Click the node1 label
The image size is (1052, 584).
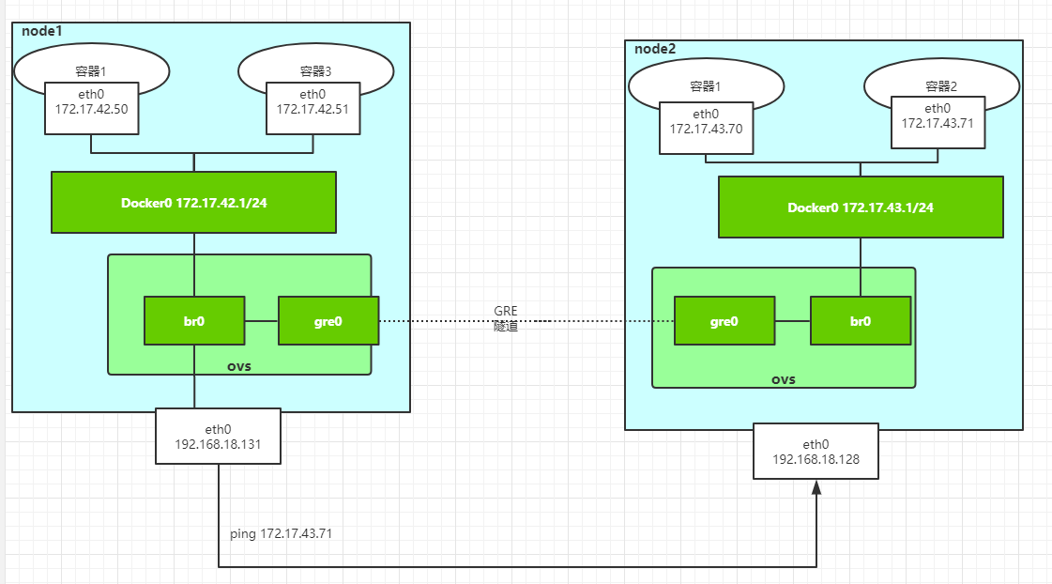pos(41,31)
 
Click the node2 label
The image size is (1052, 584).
pos(655,49)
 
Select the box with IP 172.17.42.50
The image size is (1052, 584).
pos(91,102)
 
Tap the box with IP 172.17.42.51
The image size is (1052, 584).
pos(313,102)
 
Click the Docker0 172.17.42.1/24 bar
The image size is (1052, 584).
pos(193,203)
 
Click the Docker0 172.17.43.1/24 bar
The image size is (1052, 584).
pos(860,207)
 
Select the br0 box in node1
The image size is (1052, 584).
pos(194,320)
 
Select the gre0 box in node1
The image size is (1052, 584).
pos(328,320)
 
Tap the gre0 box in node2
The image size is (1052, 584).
pos(725,321)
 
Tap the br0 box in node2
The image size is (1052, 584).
pos(861,321)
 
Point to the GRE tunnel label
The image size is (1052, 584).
pos(506,318)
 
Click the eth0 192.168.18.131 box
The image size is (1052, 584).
pos(218,436)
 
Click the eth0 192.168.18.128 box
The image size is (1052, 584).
pos(816,451)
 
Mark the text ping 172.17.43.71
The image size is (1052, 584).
pos(281,533)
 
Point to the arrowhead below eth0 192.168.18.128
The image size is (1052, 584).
pos(817,488)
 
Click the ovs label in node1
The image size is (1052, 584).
pos(239,365)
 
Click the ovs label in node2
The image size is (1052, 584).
pos(783,379)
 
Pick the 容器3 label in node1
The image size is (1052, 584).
pos(313,70)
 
